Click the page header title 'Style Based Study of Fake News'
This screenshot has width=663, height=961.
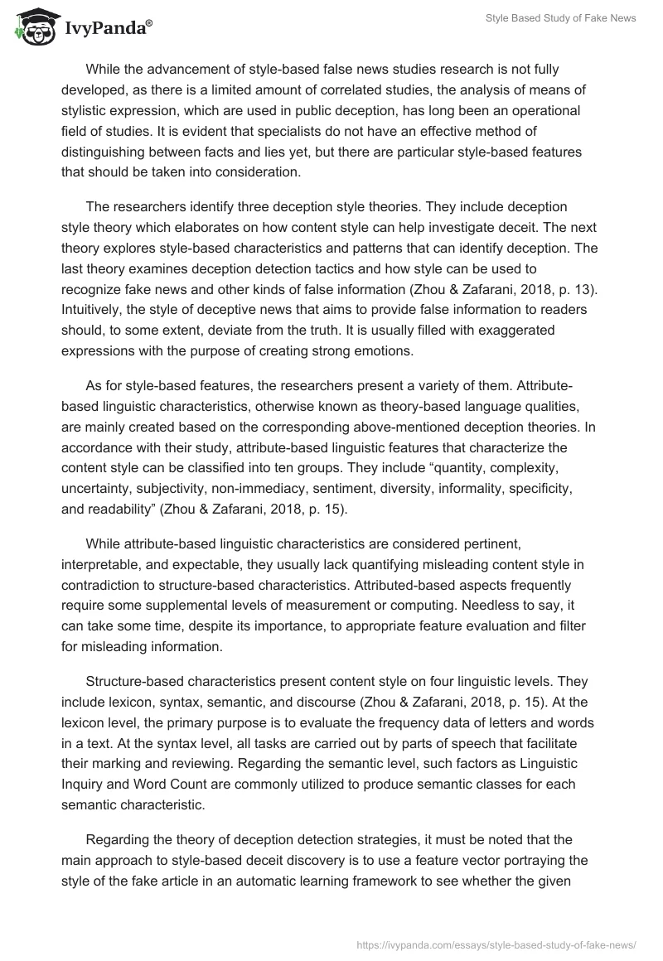[560, 19]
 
